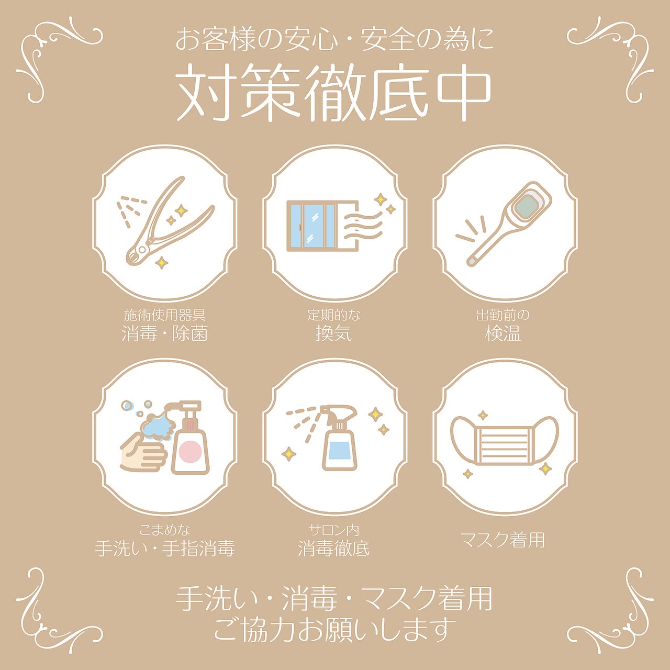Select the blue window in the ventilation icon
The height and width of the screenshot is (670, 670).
pyautogui.click(x=312, y=226)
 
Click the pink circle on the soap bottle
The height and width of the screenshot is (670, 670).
pyautogui.click(x=189, y=450)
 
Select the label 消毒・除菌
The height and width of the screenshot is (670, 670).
pyautogui.click(x=165, y=333)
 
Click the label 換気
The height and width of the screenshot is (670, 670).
pyautogui.click(x=334, y=333)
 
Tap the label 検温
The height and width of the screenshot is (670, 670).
pyautogui.click(x=502, y=333)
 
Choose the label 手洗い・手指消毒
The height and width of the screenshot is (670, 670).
pyautogui.click(x=165, y=549)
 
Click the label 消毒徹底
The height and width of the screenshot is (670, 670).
pyautogui.click(x=334, y=549)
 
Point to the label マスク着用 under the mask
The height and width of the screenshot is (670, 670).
pyautogui.click(x=502, y=540)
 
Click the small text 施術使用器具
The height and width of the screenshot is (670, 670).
pyautogui.click(x=165, y=315)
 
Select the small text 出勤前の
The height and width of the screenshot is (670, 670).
pyautogui.click(x=502, y=315)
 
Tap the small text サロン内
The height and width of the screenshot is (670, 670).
pyautogui.click(x=334, y=530)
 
